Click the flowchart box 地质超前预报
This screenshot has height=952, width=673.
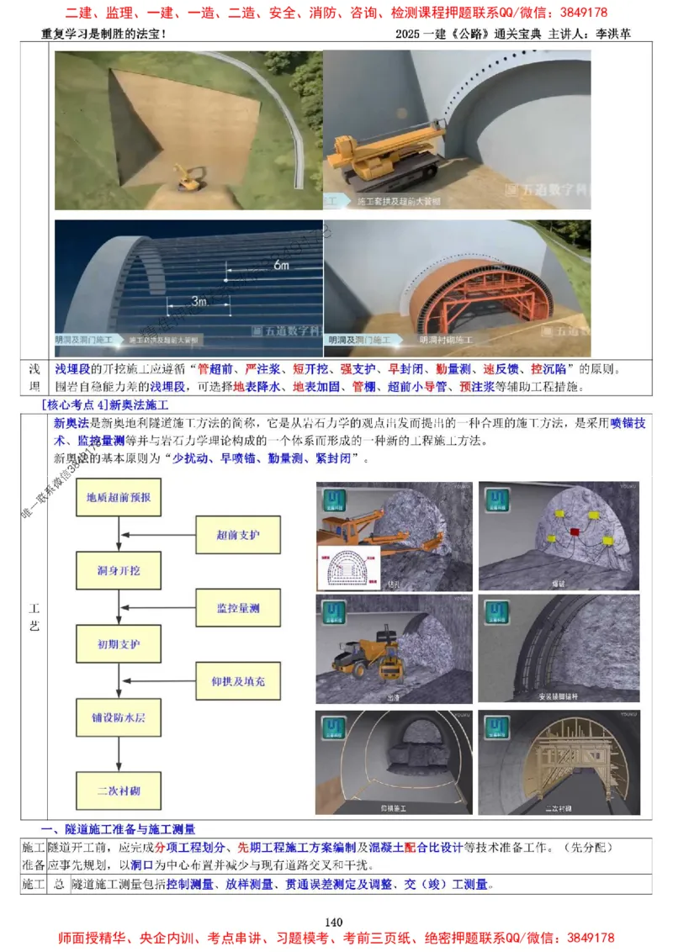pos(118,496)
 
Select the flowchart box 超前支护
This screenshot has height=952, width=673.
pos(237,535)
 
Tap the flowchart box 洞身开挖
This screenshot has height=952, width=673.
pos(118,570)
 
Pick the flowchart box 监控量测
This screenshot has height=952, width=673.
pos(237,607)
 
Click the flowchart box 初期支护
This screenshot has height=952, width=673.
pos(118,645)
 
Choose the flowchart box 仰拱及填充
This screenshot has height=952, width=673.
pos(237,681)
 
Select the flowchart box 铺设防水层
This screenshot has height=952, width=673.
pos(118,718)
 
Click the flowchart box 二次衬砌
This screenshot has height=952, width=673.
pos(118,791)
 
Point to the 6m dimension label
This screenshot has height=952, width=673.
pos(282,265)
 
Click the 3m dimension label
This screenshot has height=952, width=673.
pos(199,299)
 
